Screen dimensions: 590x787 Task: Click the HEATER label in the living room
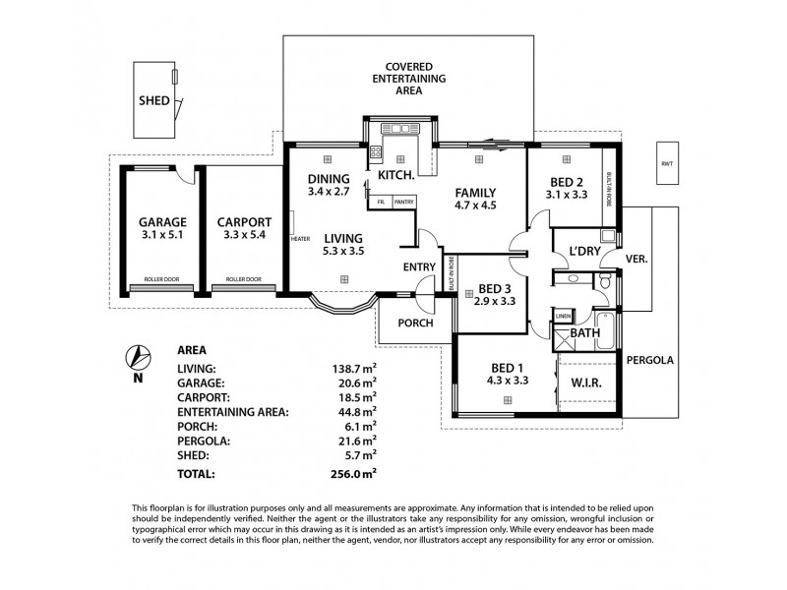click(x=300, y=239)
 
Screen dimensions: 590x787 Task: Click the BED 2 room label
click(x=564, y=180)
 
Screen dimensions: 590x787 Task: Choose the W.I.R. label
click(x=586, y=382)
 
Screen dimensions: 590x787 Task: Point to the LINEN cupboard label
click(x=563, y=316)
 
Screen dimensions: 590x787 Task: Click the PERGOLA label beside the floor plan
click(x=650, y=360)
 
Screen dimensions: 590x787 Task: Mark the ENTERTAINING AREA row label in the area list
click(x=232, y=412)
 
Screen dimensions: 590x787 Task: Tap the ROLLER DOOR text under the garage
click(x=153, y=279)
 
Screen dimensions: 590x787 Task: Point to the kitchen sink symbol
click(x=398, y=129)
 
